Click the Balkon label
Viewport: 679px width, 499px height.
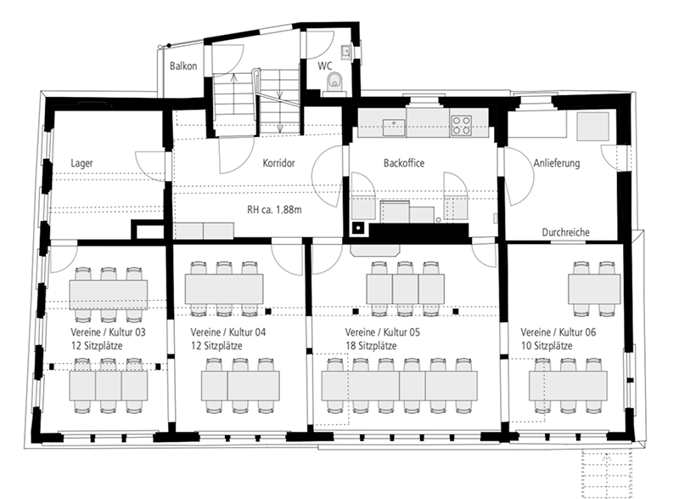[183, 66]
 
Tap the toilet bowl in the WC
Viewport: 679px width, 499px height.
[334, 81]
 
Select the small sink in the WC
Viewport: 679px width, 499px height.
[346, 52]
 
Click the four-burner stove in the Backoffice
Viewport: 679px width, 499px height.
[461, 125]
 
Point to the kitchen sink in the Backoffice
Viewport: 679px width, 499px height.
[394, 128]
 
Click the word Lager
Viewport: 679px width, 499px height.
[81, 163]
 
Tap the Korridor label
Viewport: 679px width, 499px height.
[279, 163]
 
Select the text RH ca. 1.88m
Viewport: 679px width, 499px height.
[274, 210]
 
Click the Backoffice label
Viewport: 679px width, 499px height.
[404, 163]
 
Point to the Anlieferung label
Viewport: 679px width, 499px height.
[557, 163]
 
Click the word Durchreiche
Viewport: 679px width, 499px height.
[566, 232]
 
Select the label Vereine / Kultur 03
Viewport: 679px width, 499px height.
[109, 332]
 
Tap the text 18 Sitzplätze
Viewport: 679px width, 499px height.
[371, 346]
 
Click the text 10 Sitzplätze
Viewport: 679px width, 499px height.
[547, 346]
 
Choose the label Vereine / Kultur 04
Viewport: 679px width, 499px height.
[228, 332]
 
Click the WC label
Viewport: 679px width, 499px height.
[325, 66]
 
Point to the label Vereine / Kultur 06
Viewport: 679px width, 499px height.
[558, 332]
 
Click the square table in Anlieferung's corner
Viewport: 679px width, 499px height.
[592, 126]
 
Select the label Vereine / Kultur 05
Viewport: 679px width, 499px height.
[383, 332]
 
